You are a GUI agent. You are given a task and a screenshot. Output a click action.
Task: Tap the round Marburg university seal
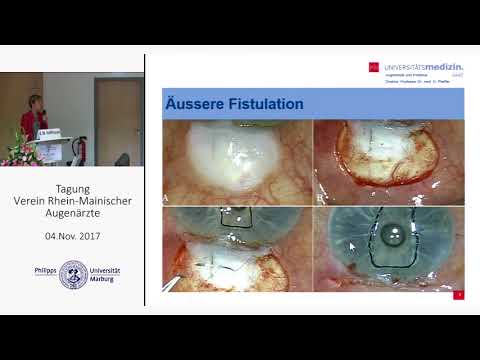(x=72, y=275)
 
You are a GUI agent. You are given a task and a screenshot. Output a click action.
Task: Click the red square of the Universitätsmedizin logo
(x=373, y=68)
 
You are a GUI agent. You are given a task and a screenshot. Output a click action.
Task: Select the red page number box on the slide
(x=458, y=294)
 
